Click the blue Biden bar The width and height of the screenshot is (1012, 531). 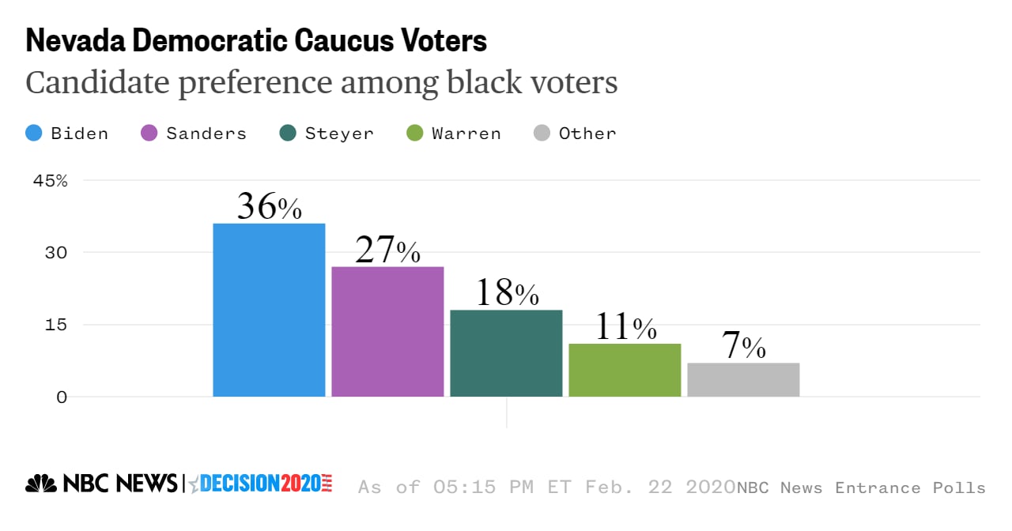269,310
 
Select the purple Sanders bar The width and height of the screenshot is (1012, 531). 387,331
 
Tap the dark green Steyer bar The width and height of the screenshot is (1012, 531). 506,353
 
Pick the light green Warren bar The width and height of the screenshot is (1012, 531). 625,370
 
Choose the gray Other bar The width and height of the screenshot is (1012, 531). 743,379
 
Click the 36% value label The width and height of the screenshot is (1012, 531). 269,207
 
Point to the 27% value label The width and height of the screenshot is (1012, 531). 387,250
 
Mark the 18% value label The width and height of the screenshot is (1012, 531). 506,294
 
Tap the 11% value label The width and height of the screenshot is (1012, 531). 625,327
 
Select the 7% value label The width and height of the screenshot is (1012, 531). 743,347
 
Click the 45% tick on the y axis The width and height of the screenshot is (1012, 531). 51,180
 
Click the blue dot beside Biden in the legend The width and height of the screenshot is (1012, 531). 35,134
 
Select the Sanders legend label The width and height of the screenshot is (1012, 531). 206,134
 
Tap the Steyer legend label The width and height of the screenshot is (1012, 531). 339,134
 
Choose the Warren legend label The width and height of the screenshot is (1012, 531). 466,134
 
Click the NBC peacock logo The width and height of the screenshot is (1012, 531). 41,484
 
